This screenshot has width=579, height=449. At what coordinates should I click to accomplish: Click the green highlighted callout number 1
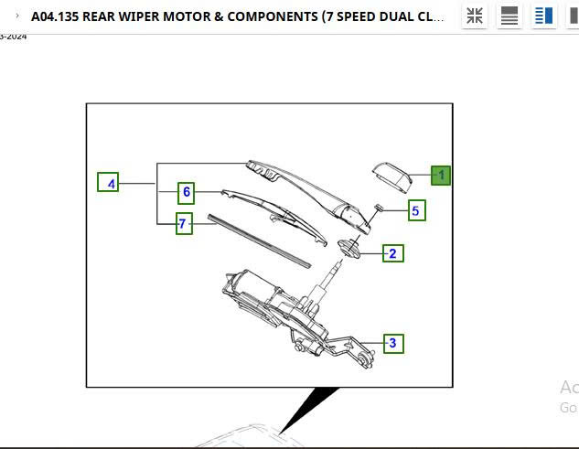(x=441, y=174)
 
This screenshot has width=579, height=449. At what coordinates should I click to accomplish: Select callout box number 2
(x=392, y=253)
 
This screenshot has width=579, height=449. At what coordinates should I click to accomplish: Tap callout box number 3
(x=393, y=344)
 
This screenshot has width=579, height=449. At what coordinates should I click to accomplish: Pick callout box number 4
(x=109, y=184)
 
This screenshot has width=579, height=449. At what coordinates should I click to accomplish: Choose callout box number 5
(x=415, y=211)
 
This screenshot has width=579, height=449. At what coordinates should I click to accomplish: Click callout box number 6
(x=187, y=192)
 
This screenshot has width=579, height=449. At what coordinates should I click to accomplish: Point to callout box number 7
(x=184, y=223)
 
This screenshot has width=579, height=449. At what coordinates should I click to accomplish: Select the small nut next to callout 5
(x=376, y=209)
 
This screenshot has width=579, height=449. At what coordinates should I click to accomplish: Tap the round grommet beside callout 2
(x=348, y=247)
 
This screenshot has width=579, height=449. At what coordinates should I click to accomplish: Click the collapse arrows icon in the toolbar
(x=475, y=16)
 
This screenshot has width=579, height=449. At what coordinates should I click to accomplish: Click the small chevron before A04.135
(x=16, y=16)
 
